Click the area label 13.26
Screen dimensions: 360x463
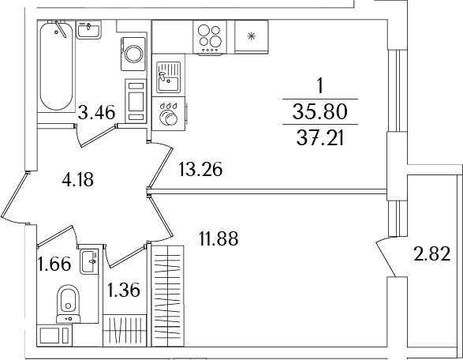point(201,168)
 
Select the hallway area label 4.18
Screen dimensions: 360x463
point(77,179)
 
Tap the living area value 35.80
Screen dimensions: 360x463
point(321,110)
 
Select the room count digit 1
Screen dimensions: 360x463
point(320,84)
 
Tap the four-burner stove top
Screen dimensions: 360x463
point(210,38)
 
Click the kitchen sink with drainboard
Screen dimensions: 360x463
point(168,78)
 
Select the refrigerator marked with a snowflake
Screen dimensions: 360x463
point(252,36)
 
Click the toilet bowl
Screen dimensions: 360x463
point(69,301)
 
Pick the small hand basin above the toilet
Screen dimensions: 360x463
point(91,258)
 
